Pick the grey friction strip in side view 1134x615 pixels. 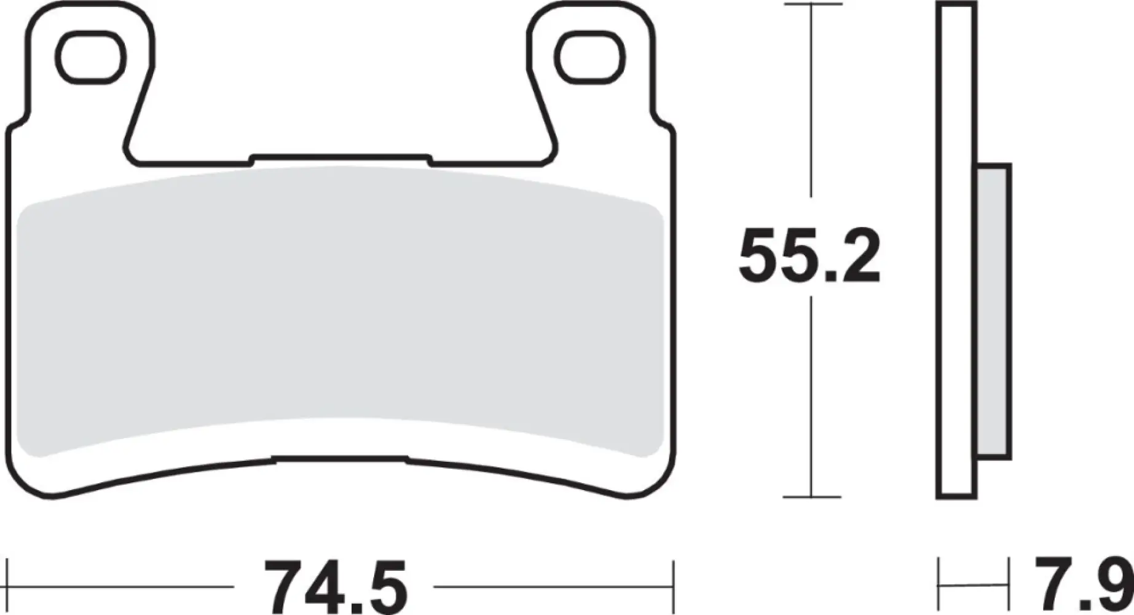click(x=993, y=311)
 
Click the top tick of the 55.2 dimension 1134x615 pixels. click(x=811, y=5)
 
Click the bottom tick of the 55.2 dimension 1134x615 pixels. click(x=811, y=497)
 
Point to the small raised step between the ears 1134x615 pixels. click(x=341, y=157)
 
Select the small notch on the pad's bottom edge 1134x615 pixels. click(x=339, y=458)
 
